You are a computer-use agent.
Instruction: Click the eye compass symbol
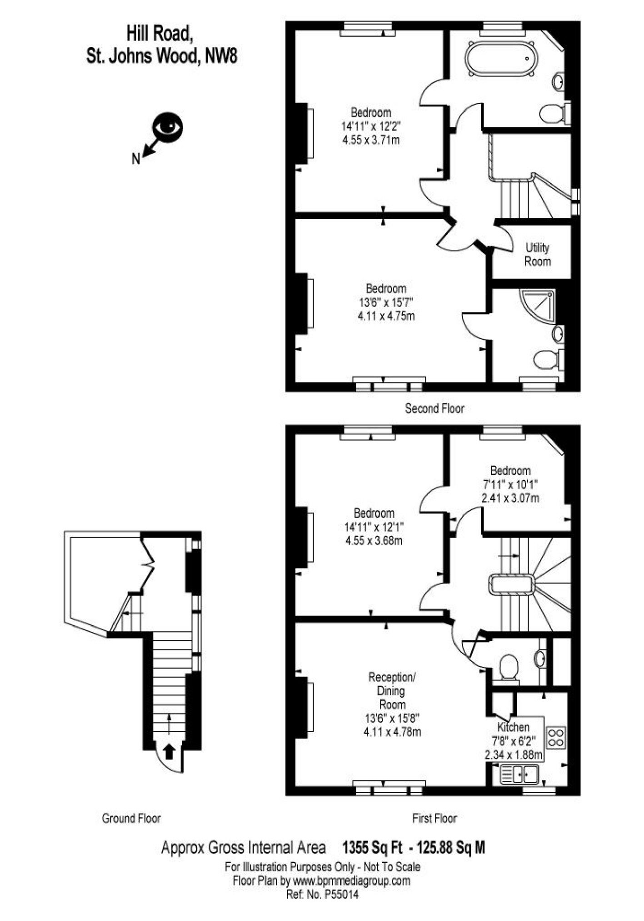(x=167, y=127)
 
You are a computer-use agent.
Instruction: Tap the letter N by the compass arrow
(x=136, y=159)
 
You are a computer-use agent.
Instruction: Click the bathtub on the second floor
(x=501, y=59)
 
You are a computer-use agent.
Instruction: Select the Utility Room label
(x=538, y=254)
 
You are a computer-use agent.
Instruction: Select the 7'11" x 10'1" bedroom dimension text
(x=510, y=484)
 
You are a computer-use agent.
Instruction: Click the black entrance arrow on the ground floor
(x=169, y=751)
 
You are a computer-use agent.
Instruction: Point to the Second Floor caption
(x=434, y=408)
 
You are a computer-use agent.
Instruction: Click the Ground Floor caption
(x=131, y=819)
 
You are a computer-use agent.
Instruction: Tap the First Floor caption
(x=434, y=819)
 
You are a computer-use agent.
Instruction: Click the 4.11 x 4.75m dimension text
(x=386, y=316)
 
